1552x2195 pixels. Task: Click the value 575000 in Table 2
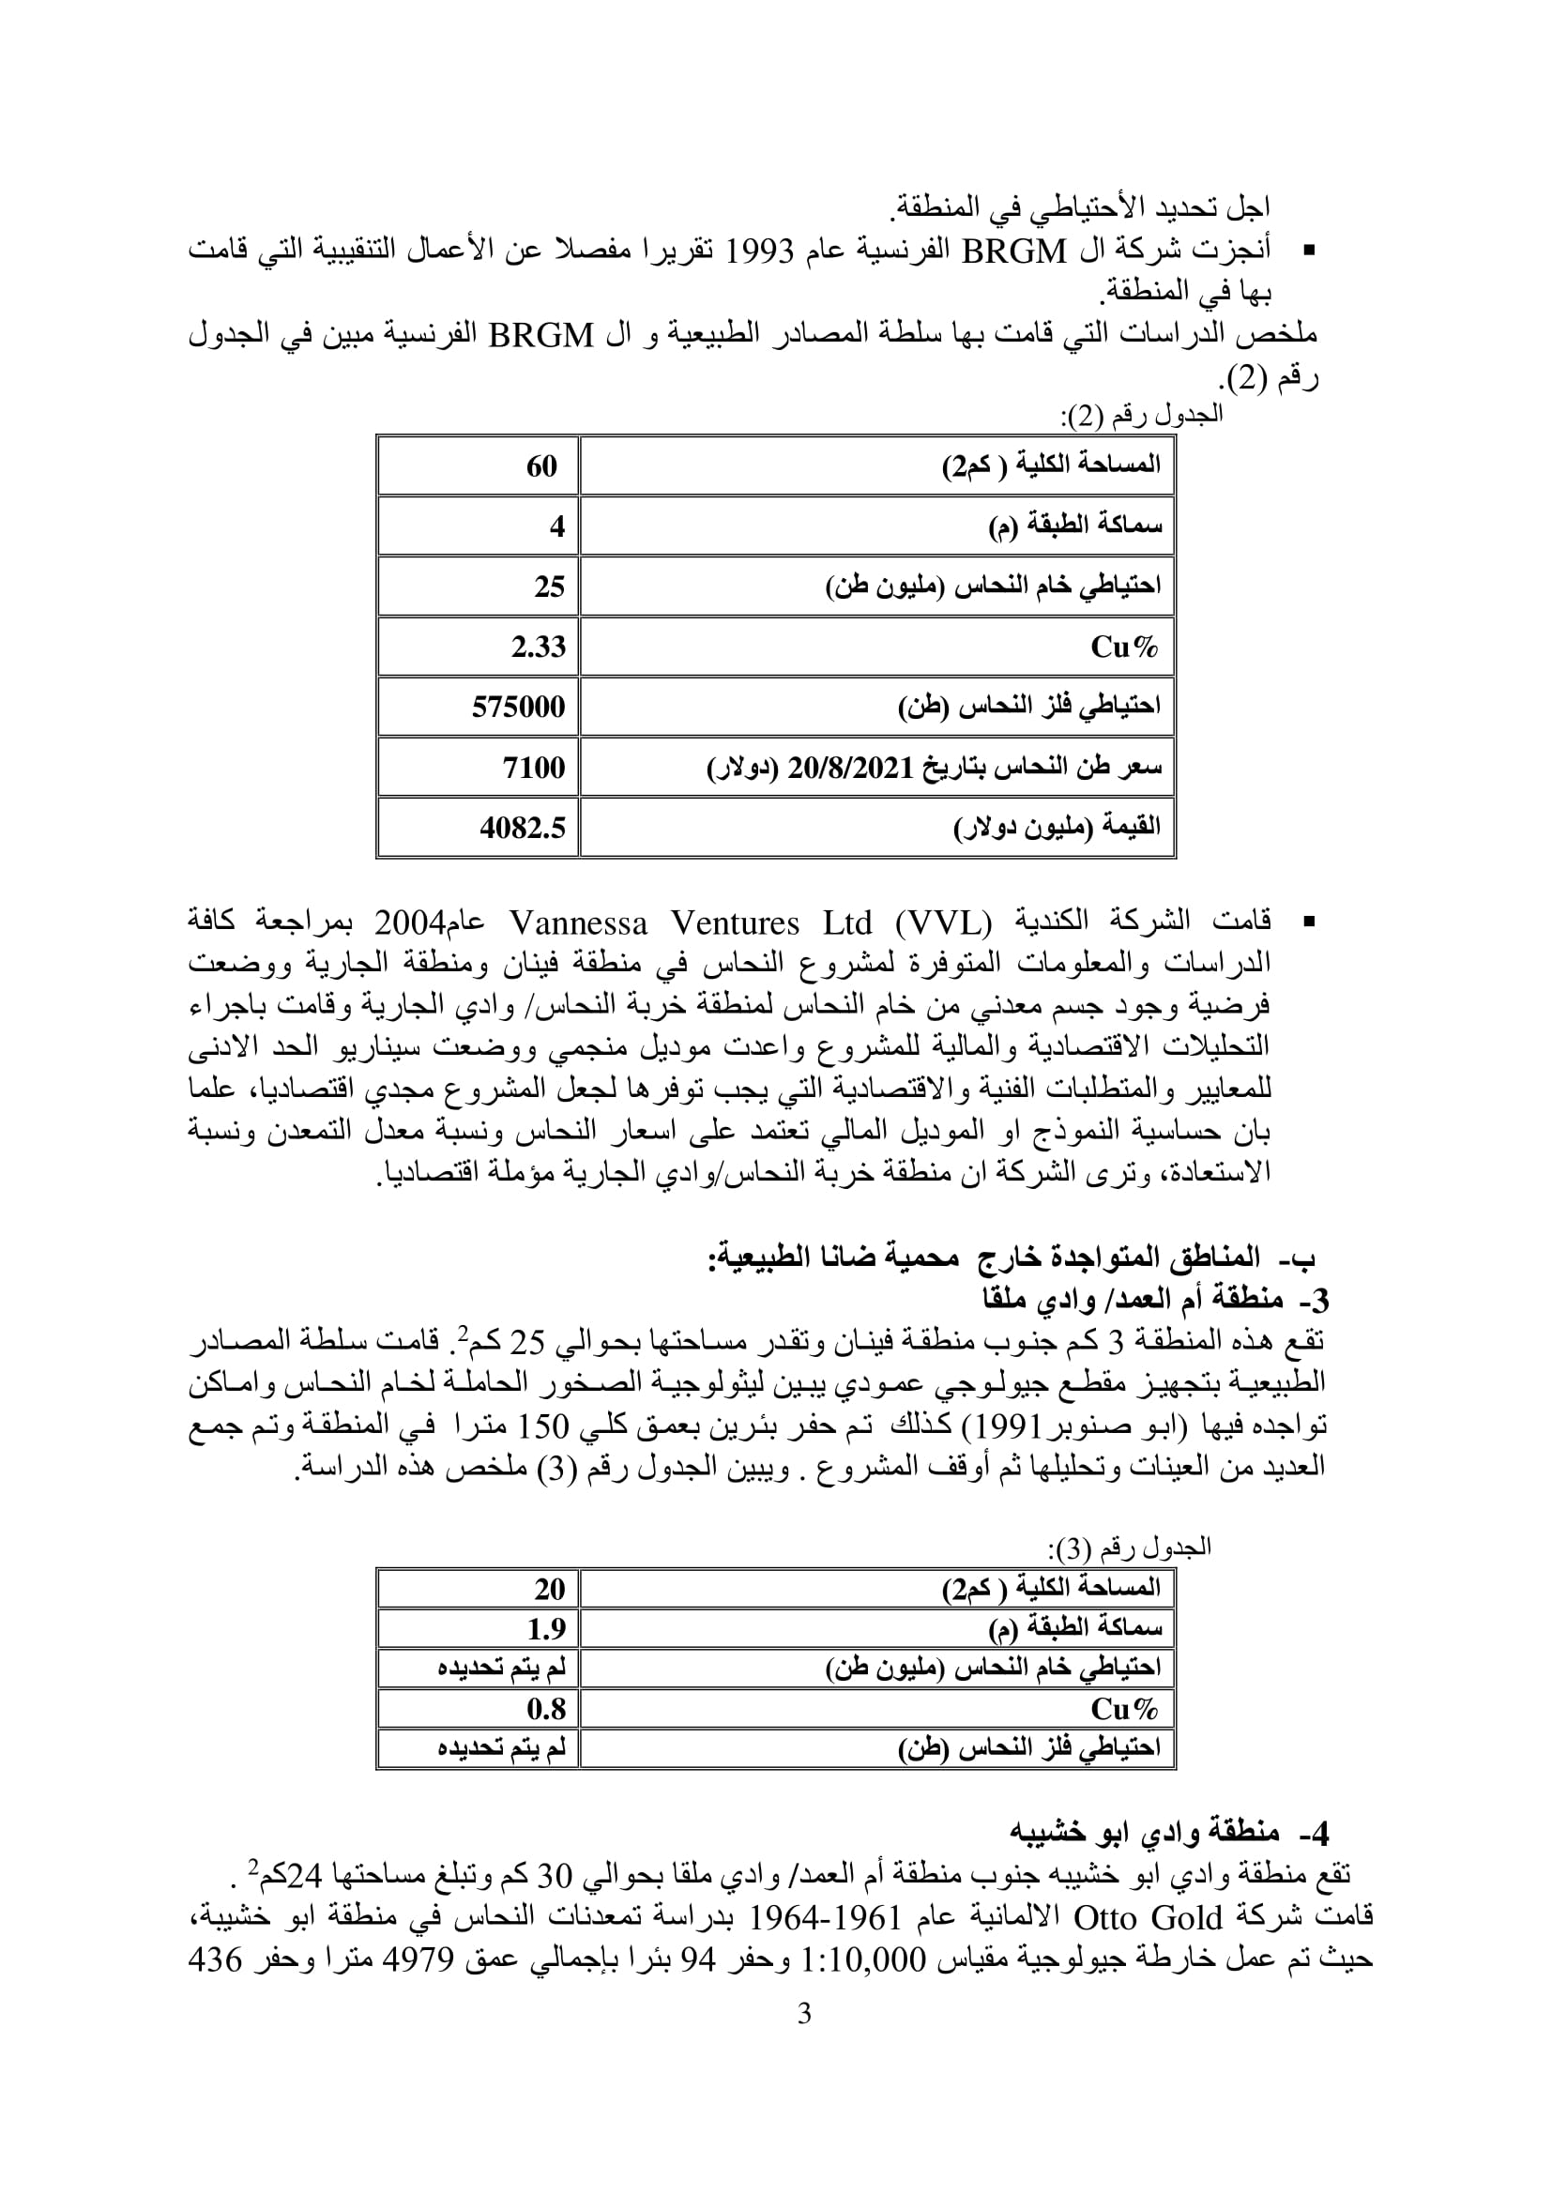click(518, 707)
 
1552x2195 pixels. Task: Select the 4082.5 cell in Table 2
click(523, 827)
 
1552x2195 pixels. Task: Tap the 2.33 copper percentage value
click(538, 648)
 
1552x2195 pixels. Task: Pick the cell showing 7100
click(534, 767)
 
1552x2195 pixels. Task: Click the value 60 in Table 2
click(540, 465)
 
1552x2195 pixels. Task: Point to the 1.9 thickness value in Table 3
click(547, 1628)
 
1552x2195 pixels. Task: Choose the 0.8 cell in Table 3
click(547, 1707)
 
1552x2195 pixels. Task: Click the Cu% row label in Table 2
click(1124, 648)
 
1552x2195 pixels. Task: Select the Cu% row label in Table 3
click(1124, 1707)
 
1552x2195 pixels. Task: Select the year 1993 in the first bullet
click(762, 252)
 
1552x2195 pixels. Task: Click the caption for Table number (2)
click(1141, 414)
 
